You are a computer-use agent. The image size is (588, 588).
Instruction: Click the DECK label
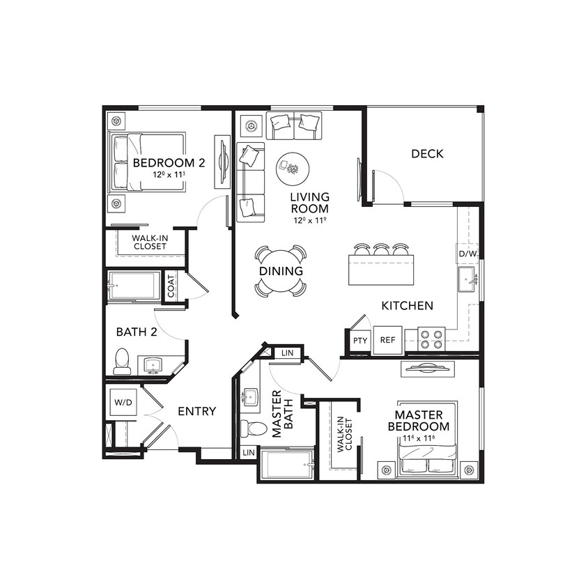pyautogui.click(x=427, y=154)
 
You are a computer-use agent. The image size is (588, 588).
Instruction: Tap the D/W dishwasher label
pyautogui.click(x=467, y=254)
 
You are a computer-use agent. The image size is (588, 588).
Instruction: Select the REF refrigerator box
pyautogui.click(x=387, y=341)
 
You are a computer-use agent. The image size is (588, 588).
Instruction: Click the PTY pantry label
pyautogui.click(x=359, y=341)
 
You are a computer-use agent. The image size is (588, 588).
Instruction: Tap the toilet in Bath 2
pyautogui.click(x=122, y=361)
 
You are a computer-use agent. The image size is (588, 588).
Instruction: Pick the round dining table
pyautogui.click(x=281, y=270)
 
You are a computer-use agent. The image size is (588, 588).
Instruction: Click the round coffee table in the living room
pyautogui.click(x=292, y=167)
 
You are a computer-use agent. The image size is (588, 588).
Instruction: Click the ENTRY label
pyautogui.click(x=196, y=412)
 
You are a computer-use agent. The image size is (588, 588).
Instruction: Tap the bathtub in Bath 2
pyautogui.click(x=134, y=286)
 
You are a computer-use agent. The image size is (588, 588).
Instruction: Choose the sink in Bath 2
pyautogui.click(x=153, y=364)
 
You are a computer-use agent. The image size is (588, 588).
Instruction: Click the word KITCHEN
pyautogui.click(x=408, y=305)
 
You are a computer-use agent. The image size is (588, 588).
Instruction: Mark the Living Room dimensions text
pyautogui.click(x=310, y=220)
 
